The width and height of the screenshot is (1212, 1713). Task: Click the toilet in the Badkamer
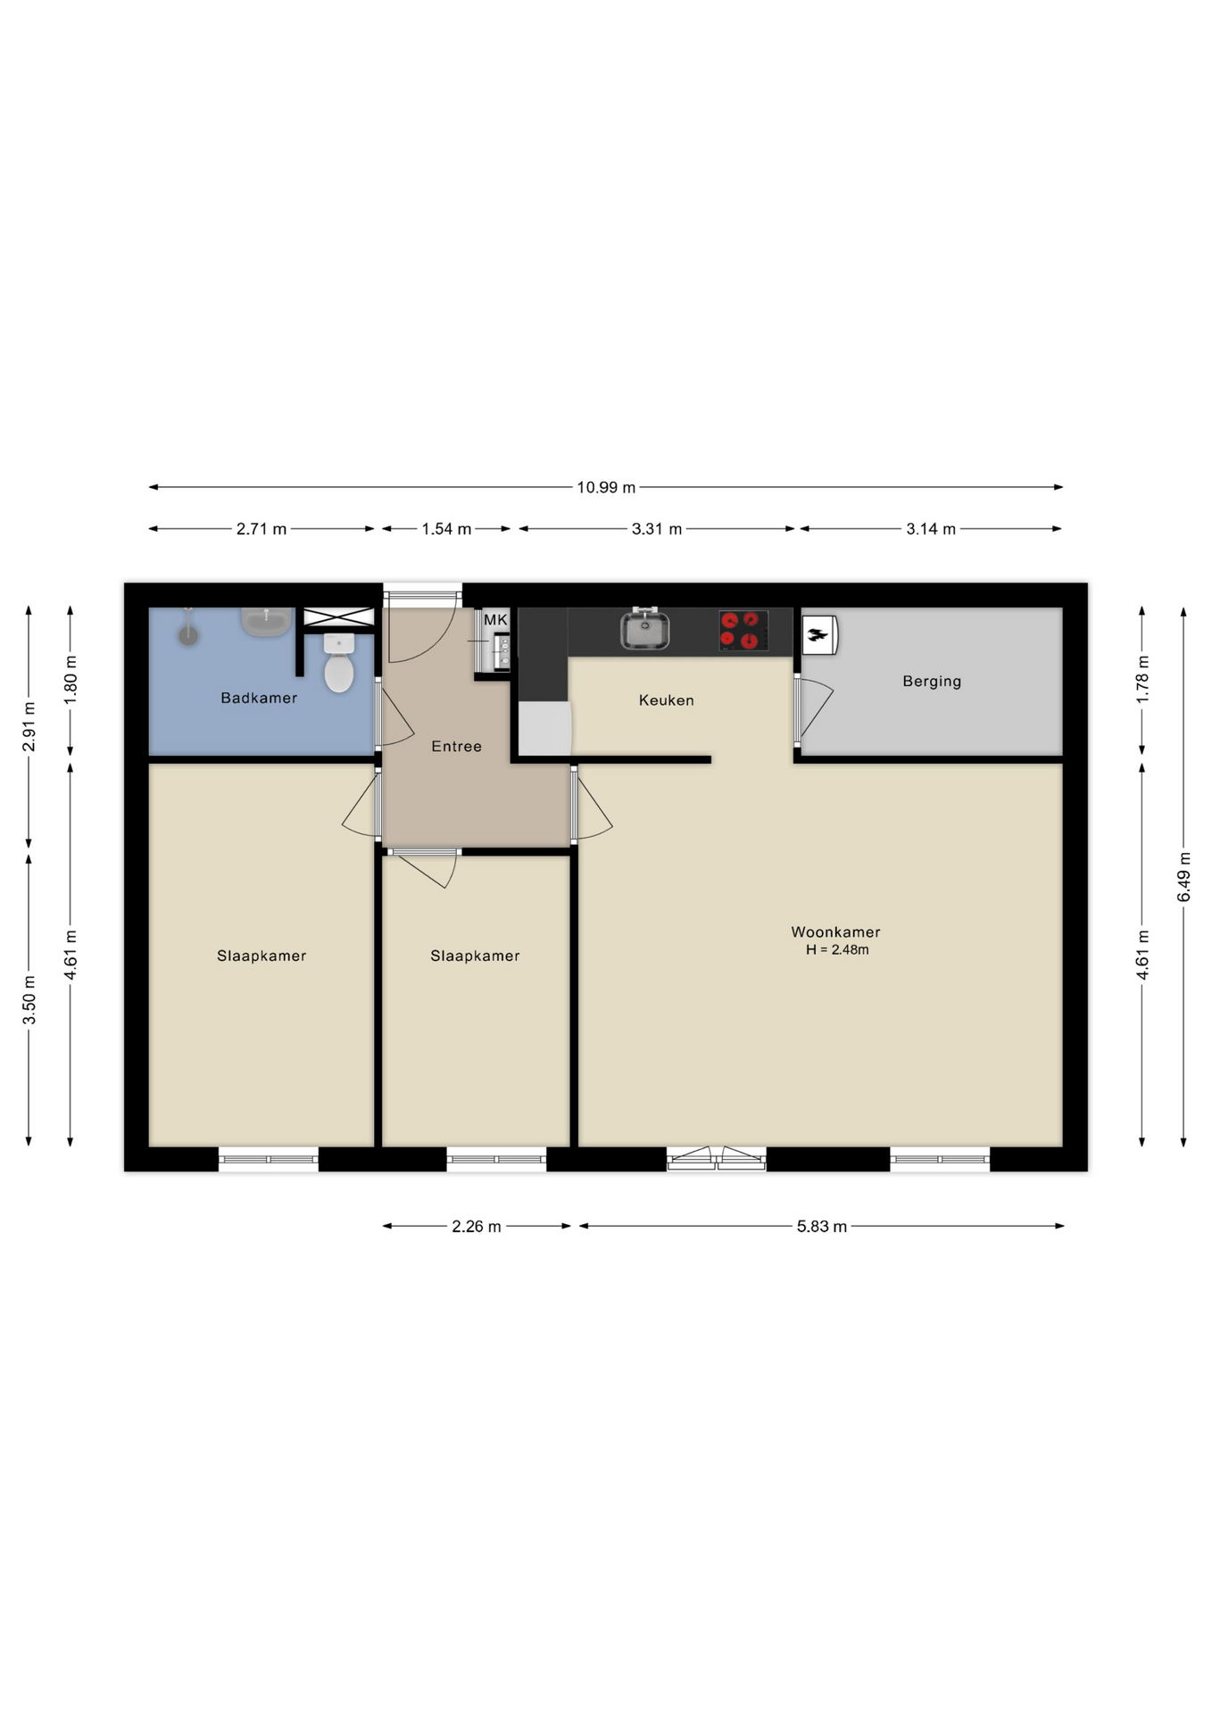339,663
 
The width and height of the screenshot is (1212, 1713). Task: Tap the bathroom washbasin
266,622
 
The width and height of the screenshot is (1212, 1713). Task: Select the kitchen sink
644,629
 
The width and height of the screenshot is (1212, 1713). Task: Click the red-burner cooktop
743,630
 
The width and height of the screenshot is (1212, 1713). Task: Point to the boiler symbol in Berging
819,635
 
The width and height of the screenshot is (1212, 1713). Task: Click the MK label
495,619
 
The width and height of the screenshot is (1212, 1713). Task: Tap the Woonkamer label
835,931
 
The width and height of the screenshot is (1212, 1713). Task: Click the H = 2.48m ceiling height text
837,950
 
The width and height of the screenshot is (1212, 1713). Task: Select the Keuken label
666,700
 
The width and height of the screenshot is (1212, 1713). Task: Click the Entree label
456,746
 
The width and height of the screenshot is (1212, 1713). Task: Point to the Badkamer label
259,698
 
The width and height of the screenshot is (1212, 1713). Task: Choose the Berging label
932,682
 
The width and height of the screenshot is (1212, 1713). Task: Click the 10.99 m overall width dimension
606,487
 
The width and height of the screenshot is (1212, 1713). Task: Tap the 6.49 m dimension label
1184,877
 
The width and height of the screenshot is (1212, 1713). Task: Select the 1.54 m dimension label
446,529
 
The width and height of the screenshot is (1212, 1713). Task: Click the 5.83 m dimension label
822,1227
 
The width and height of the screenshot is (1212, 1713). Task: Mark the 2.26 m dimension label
477,1227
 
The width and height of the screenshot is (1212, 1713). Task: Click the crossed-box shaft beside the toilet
338,617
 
